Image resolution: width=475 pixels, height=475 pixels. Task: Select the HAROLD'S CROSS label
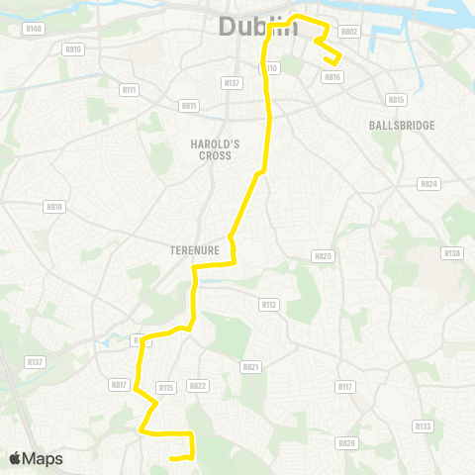click(x=211, y=149)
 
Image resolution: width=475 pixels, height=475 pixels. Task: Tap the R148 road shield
click(x=35, y=29)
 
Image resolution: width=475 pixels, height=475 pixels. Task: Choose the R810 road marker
click(x=72, y=48)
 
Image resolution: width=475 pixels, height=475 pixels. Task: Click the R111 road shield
click(x=130, y=89)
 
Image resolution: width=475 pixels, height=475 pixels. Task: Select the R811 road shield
click(x=190, y=106)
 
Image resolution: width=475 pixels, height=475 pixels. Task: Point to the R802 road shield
click(x=348, y=31)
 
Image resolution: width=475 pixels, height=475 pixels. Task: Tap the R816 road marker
click(x=332, y=76)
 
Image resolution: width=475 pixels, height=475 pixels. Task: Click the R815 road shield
click(x=397, y=99)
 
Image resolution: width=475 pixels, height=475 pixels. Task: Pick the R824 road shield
click(x=428, y=184)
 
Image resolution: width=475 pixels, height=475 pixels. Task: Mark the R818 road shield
click(x=54, y=206)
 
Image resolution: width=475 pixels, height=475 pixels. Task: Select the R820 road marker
click(x=324, y=255)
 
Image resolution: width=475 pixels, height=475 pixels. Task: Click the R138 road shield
click(x=452, y=253)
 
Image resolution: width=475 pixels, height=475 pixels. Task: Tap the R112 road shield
click(x=269, y=305)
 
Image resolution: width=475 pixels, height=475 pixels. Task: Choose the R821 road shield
click(x=250, y=366)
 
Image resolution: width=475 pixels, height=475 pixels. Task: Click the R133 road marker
click(x=424, y=427)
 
